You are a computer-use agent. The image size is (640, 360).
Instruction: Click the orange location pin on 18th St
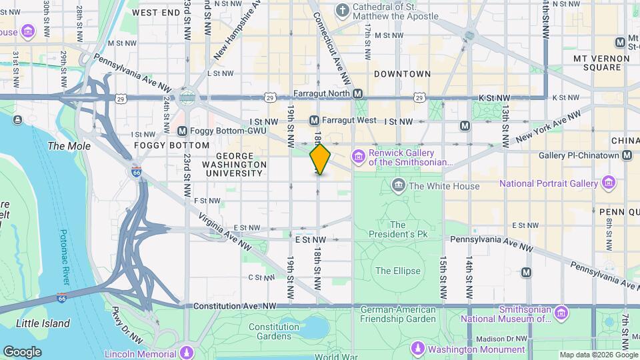click(320, 159)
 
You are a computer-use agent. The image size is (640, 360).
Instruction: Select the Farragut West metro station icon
click(314, 121)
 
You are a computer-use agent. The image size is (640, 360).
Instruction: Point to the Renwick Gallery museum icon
click(359, 157)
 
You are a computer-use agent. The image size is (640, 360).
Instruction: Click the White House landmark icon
click(399, 185)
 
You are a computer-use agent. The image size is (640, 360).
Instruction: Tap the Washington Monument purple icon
click(418, 349)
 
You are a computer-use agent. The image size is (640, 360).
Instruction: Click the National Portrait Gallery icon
click(608, 183)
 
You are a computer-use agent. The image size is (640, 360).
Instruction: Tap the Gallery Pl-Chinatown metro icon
click(627, 155)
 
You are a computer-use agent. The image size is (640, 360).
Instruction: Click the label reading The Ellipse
click(398, 271)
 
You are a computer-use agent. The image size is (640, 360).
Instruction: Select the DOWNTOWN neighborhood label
click(402, 73)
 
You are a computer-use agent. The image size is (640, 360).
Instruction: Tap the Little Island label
click(43, 323)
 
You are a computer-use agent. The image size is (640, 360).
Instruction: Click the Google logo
click(22, 351)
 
